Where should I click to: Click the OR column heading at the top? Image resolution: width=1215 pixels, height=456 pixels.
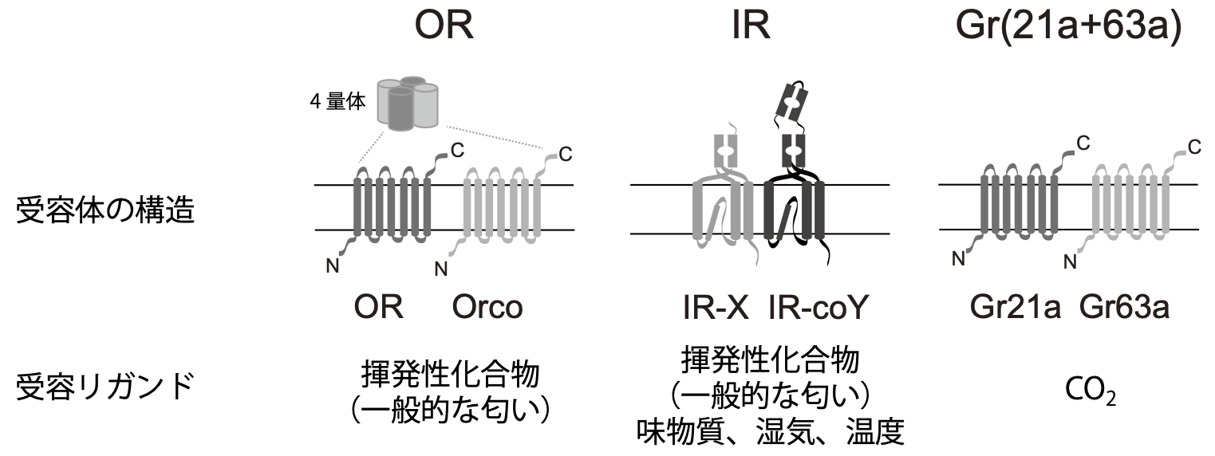pos(444,26)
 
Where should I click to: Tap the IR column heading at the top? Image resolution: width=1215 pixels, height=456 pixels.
pos(750,26)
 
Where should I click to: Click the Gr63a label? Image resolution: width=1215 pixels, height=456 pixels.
pos(1125,307)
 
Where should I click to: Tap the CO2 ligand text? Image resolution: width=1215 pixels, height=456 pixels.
pos(1091,391)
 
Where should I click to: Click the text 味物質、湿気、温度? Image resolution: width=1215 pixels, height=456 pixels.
pos(770,433)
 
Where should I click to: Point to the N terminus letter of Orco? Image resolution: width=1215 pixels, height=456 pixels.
pos(440,269)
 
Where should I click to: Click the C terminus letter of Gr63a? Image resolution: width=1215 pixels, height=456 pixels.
pos(1193,147)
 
